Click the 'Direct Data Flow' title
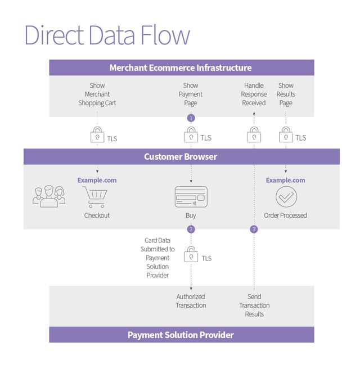click(107, 35)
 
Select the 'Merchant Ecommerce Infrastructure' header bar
click(181, 67)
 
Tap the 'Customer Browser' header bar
click(181, 156)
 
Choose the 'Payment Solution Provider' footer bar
click(181, 335)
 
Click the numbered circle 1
click(191, 118)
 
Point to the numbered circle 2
click(191, 229)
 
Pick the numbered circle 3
click(254, 229)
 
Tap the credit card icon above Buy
click(191, 197)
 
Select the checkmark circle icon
click(286, 197)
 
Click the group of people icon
click(49, 195)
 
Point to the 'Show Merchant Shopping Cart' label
click(97, 94)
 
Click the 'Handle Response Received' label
click(254, 94)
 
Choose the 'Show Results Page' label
click(286, 94)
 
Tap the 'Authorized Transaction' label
click(191, 301)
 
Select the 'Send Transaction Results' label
click(254, 305)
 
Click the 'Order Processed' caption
click(286, 215)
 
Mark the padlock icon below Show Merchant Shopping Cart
click(97, 136)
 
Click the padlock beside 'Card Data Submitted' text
click(191, 255)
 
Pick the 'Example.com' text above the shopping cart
click(97, 180)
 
